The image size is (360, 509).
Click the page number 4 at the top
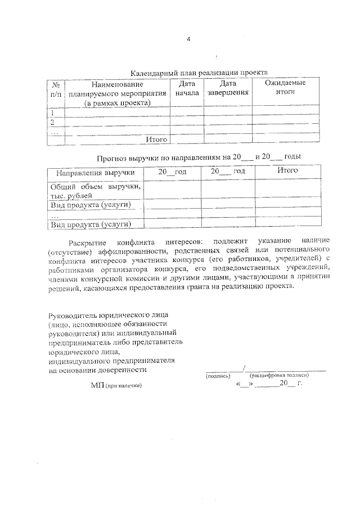pyautogui.click(x=188, y=39)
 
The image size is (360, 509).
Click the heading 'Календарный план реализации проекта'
pyautogui.click(x=199, y=73)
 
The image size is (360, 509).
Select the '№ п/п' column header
pyautogui.click(x=56, y=88)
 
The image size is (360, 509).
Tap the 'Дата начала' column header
pyautogui.click(x=187, y=88)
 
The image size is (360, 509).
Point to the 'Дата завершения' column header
pyautogui.click(x=227, y=88)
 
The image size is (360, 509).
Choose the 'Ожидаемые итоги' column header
pyautogui.click(x=286, y=88)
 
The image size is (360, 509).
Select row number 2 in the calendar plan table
pyautogui.click(x=53, y=122)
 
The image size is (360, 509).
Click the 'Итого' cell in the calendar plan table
pyautogui.click(x=157, y=139)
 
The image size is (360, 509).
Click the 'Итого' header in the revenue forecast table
pyautogui.click(x=287, y=171)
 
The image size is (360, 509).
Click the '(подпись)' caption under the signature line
pyautogui.click(x=218, y=375)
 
